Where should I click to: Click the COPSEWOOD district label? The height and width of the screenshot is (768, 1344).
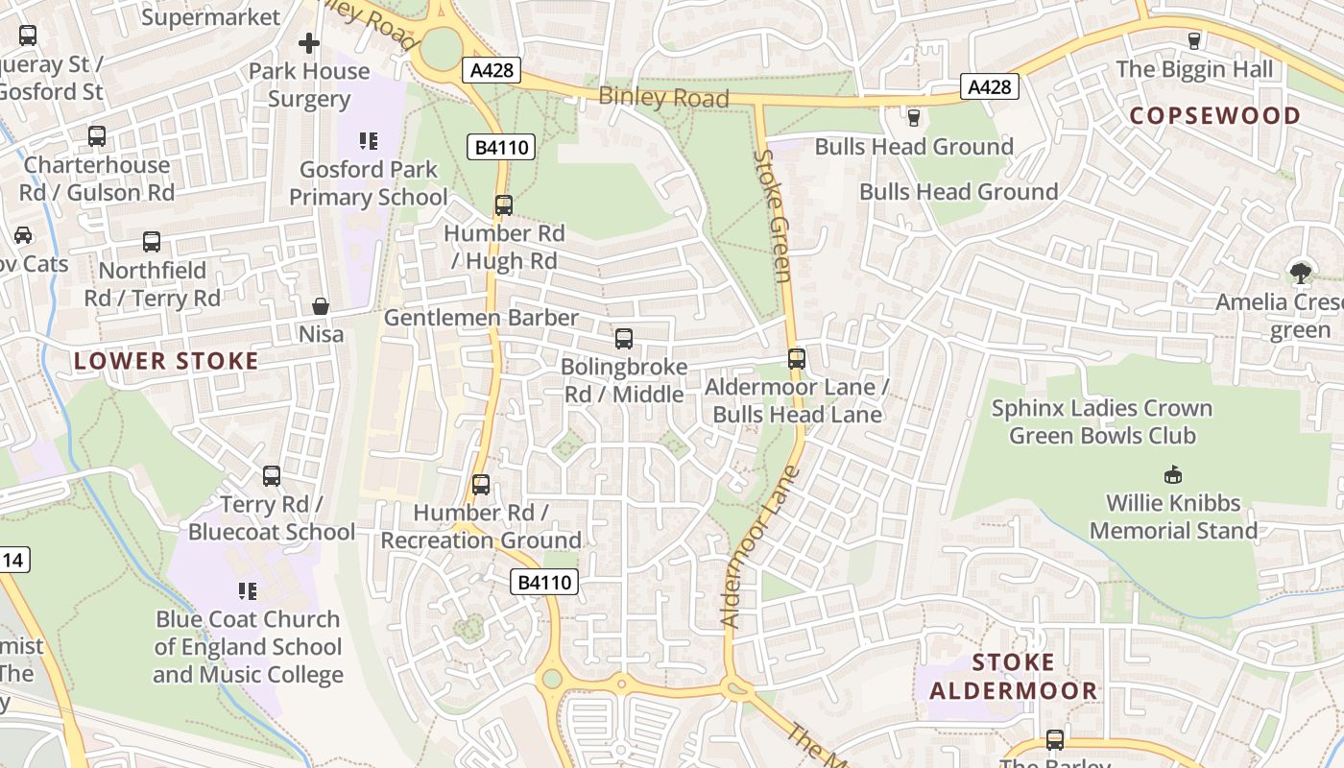coord(1214,116)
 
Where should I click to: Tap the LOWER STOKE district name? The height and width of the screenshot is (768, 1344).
coord(166,361)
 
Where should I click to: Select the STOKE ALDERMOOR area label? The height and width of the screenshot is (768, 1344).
coord(1013,676)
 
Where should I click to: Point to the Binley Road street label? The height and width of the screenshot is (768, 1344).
coord(663,98)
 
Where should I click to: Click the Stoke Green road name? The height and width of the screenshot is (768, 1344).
coord(773,216)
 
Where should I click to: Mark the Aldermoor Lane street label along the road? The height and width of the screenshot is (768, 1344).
coord(758,547)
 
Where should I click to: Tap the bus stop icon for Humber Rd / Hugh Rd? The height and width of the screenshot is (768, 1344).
coord(504,204)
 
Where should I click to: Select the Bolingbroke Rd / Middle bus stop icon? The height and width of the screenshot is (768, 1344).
coord(624,338)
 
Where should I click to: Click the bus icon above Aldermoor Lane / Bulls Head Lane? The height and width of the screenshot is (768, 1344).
coord(797,358)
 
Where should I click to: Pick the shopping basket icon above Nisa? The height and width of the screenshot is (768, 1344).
coord(321,306)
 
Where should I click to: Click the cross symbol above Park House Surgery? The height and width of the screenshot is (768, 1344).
coord(309,42)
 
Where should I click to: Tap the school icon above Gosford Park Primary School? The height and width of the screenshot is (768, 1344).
coord(368,141)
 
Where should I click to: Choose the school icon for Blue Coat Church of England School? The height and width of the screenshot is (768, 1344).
coord(248,590)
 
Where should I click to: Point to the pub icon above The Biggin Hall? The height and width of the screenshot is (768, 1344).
coord(1194,40)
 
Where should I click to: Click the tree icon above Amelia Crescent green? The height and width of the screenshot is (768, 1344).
coord(1301,273)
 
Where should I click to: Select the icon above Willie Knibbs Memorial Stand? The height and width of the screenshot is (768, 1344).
coord(1172,474)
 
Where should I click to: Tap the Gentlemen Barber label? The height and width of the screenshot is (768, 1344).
coord(481,318)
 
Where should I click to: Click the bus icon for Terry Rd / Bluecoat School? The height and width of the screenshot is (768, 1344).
coord(272,475)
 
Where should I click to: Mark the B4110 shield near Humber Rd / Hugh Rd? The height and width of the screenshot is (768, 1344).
coord(500,147)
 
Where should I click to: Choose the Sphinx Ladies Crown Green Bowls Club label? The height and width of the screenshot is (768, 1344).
coord(1102,421)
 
